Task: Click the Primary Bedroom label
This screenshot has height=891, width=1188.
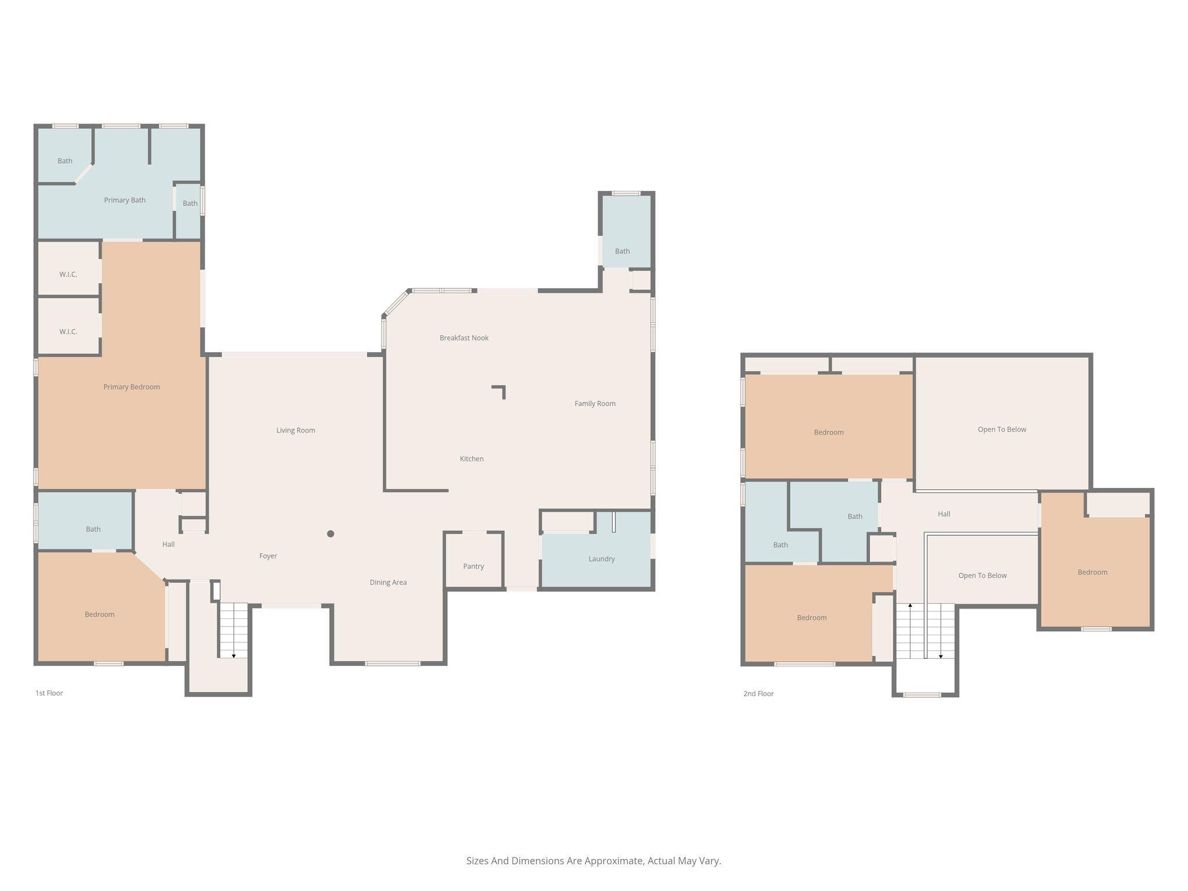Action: coord(132,387)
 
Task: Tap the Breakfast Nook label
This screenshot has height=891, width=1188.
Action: coord(464,338)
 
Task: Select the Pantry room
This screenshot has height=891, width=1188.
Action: coord(473,560)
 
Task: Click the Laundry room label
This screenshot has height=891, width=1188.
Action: coord(602,559)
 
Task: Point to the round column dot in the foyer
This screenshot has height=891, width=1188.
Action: coord(331,534)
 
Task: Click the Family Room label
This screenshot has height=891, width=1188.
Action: coord(595,403)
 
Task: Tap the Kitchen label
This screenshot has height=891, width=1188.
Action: coord(472,459)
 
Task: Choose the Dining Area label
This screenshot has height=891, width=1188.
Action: coord(388,582)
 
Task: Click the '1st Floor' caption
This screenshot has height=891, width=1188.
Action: coord(49,693)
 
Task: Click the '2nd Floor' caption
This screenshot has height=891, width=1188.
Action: coord(759,693)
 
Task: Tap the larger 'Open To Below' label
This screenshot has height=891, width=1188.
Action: coord(1002,429)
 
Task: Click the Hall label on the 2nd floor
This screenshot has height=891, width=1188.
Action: coord(944,514)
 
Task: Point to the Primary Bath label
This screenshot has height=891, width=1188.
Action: coord(125,200)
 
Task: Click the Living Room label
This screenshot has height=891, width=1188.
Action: coord(296,430)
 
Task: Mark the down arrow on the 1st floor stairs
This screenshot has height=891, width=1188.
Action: coord(234,655)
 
